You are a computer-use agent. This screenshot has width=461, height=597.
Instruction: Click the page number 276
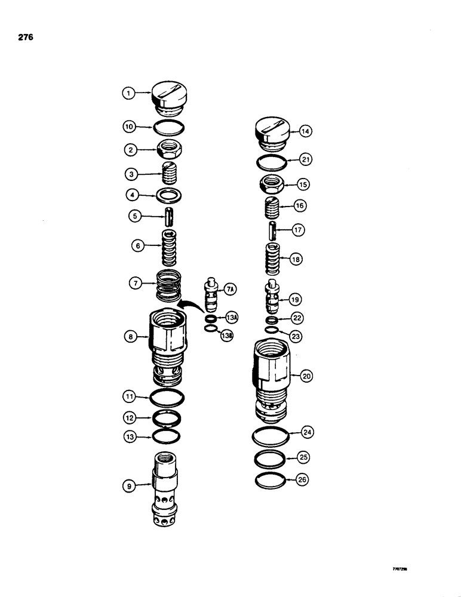click(25, 37)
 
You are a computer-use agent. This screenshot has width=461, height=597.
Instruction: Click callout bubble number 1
click(127, 93)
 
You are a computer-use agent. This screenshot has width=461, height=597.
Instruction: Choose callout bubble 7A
click(230, 290)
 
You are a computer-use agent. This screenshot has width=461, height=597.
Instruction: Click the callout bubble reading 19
click(296, 299)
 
